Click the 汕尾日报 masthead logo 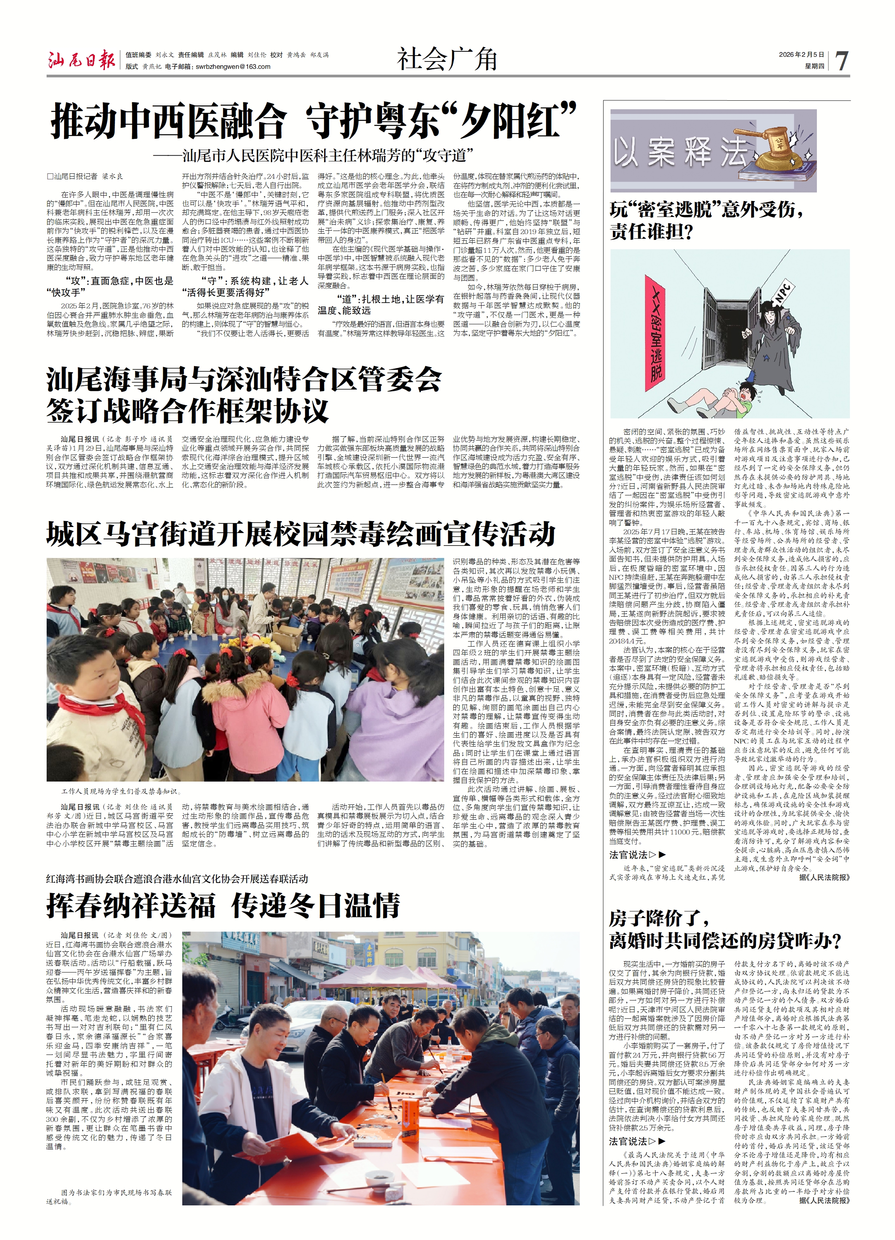[x=81, y=60]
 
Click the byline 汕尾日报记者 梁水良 [x=86, y=177]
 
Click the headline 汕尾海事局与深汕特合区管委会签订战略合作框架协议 [x=244, y=395]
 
